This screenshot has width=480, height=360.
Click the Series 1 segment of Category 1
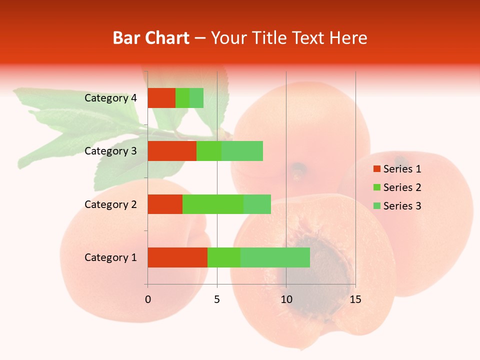click(177, 257)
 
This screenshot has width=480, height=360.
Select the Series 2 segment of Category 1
click(224, 257)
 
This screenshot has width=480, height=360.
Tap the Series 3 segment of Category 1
click(275, 257)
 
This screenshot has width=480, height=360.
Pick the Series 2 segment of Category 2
click(213, 204)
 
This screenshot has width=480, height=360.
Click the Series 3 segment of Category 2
click(257, 204)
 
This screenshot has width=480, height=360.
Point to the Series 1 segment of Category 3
click(172, 151)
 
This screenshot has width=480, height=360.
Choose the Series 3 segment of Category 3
click(242, 151)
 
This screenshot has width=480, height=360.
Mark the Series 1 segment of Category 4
click(161, 98)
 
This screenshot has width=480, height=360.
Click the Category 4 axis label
click(110, 98)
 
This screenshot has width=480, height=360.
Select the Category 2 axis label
click(110, 204)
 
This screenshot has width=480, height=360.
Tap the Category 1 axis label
click(110, 257)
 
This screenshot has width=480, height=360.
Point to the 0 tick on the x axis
click(148, 299)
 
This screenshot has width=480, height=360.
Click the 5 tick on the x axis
click(217, 299)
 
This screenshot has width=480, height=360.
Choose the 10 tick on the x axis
click(286, 299)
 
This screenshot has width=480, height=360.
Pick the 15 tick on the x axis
click(355, 299)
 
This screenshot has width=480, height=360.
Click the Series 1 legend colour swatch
click(376, 169)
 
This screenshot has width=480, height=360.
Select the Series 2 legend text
click(402, 187)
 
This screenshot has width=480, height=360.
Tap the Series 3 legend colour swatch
click(376, 206)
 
